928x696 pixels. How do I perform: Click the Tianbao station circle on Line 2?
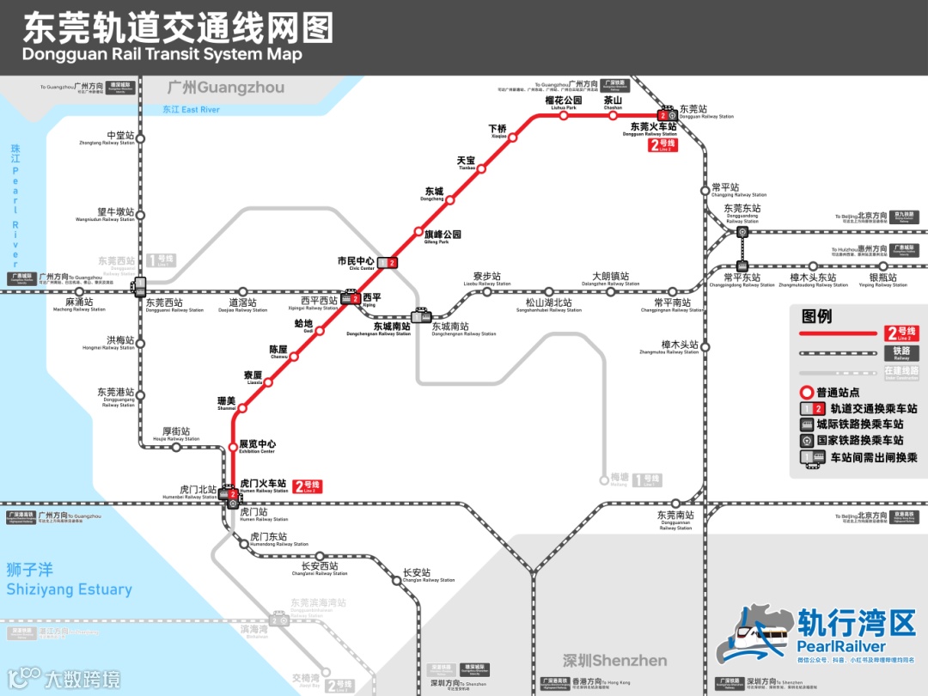481,168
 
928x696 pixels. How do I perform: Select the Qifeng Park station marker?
418,233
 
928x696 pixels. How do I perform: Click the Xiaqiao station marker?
513,137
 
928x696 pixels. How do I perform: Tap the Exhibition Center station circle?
232,446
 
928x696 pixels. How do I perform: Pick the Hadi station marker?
308,330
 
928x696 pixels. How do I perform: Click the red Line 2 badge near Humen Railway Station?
308,487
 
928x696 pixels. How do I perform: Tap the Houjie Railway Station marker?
175,447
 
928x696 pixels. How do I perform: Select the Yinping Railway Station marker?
882,266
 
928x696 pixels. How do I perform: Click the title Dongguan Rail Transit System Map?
162,55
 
